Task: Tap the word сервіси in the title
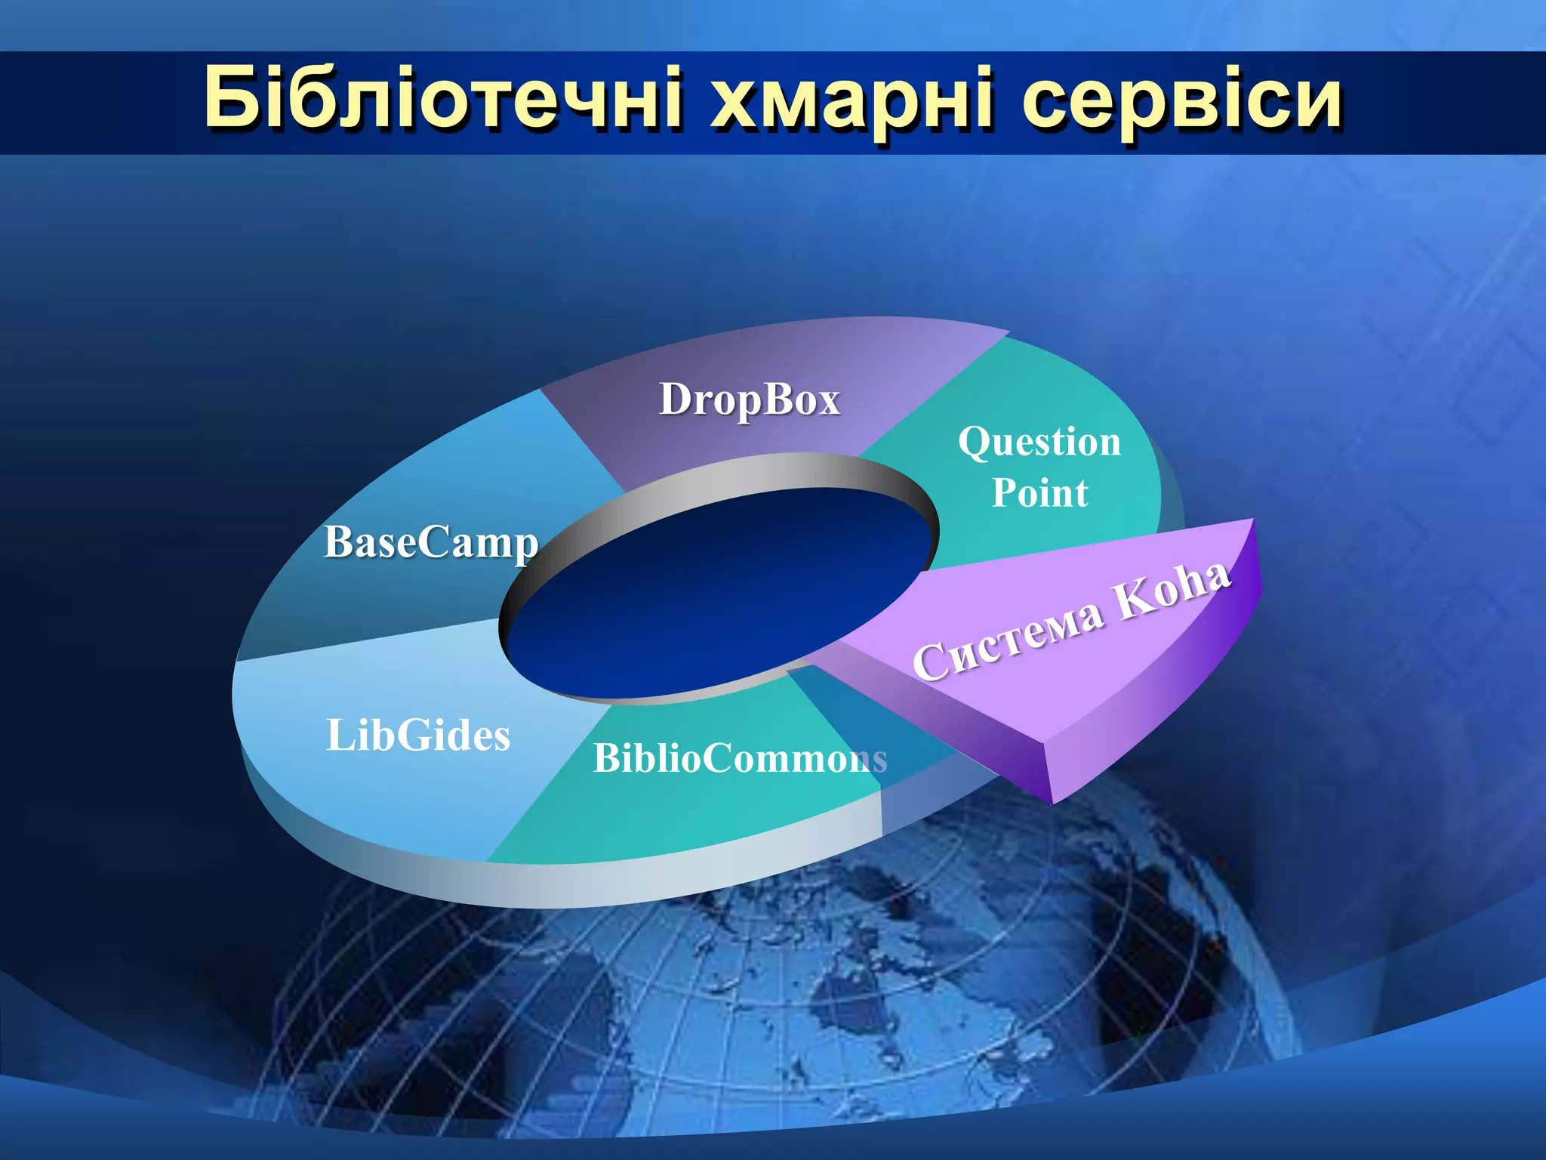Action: click(x=1181, y=102)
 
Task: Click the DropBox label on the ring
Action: click(x=750, y=399)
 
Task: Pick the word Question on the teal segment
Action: click(x=1039, y=442)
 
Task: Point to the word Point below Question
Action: click(x=1039, y=493)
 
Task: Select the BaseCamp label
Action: click(x=431, y=542)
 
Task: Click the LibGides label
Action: click(x=418, y=736)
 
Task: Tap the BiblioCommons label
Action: click(x=740, y=758)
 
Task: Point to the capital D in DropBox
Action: click(x=676, y=398)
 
